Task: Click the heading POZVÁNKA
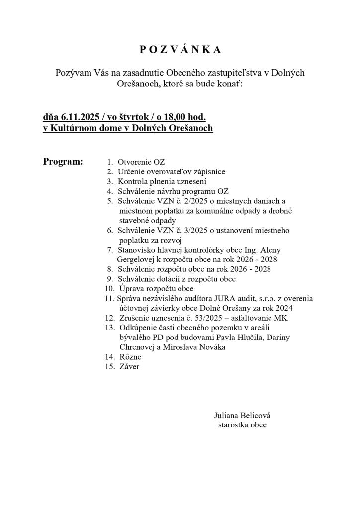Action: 180,50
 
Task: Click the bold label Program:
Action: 63,162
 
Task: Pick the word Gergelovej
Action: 136,260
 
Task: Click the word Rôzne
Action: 130,357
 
